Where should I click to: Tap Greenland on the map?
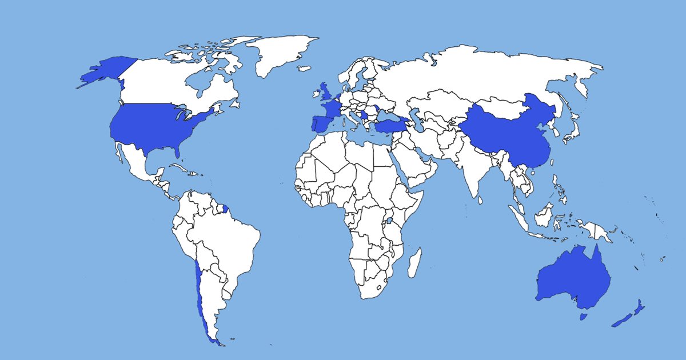280,54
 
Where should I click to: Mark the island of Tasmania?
584,316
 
